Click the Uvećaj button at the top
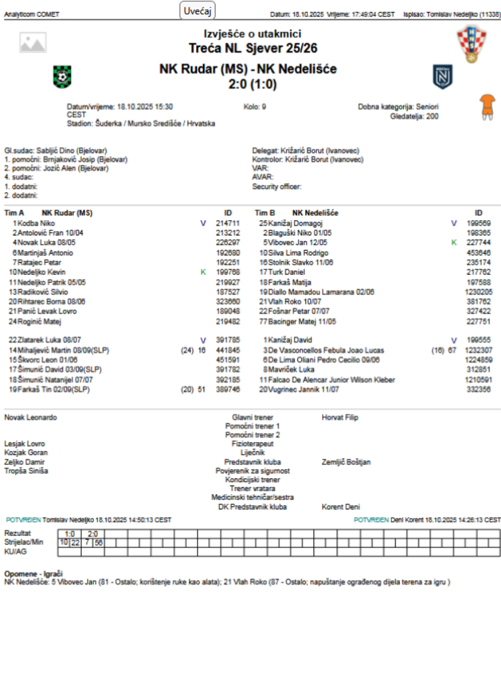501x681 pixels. (198, 11)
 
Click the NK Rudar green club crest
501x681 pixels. (62, 76)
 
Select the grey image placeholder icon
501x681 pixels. (33, 43)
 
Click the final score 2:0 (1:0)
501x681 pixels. (252, 84)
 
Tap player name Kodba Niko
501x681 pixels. (38, 223)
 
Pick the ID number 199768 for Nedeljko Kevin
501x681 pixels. (228, 272)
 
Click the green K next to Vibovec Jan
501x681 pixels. (454, 243)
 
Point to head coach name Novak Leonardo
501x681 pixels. (31, 417)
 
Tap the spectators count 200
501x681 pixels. (432, 115)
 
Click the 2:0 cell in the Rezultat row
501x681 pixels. (92, 533)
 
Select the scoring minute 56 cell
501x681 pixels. (98, 543)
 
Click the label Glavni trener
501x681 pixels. (252, 417)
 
